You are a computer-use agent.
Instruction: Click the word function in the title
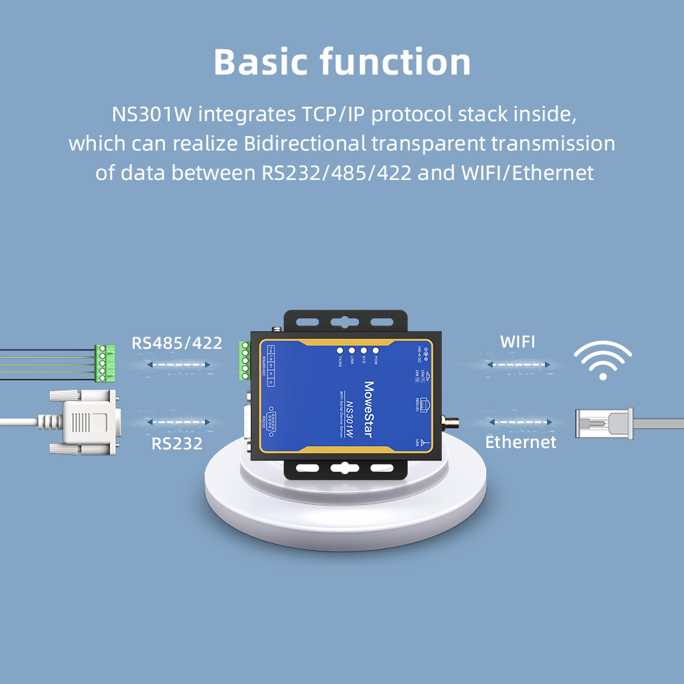[395, 62]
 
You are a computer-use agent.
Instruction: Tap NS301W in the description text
[152, 114]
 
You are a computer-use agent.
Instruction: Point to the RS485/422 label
[177, 343]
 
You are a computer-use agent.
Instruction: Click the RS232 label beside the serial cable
[177, 443]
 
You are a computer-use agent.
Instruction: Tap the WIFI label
[518, 341]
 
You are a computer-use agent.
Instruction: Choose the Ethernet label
[521, 442]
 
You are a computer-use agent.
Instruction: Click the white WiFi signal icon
[603, 360]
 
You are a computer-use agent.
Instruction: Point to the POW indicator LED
[376, 350]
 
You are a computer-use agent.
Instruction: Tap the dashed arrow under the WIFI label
[518, 365]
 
